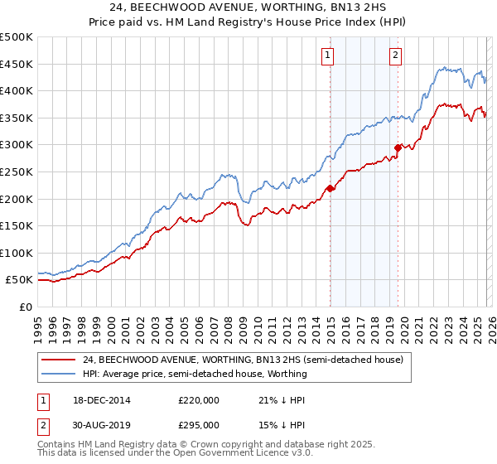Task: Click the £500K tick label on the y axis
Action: (x=17, y=37)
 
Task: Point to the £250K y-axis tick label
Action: (x=17, y=172)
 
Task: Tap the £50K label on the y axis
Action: (x=19, y=280)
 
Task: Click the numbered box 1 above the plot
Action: (x=328, y=56)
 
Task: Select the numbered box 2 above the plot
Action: (x=396, y=56)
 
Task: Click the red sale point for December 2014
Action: (x=330, y=188)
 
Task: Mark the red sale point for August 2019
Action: (x=398, y=147)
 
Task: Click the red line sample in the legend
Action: (x=58, y=360)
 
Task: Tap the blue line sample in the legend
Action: (x=58, y=375)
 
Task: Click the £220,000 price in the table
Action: (x=199, y=400)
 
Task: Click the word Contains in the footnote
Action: (x=56, y=446)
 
